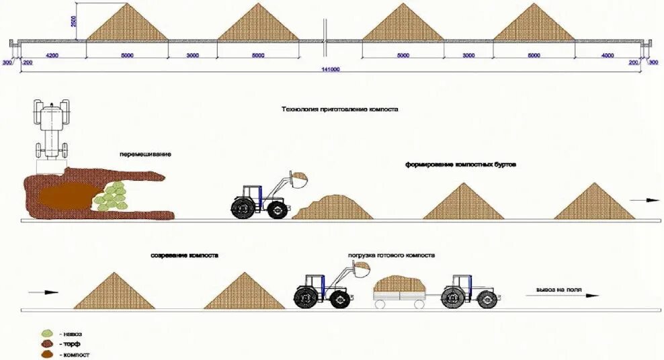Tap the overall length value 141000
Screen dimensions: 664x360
[x=331, y=69]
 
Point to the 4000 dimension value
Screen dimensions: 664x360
[x=607, y=55]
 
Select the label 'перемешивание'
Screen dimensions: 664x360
[x=145, y=154]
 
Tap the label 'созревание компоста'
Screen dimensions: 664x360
[x=184, y=256]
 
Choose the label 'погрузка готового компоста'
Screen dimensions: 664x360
[x=391, y=256]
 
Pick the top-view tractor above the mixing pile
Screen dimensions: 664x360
[x=52, y=128]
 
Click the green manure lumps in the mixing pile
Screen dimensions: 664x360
[x=111, y=196]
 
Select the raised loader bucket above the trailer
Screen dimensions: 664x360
[x=362, y=269]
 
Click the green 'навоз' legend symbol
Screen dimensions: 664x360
[x=47, y=333]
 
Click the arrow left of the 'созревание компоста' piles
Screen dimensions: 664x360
[x=42, y=292]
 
